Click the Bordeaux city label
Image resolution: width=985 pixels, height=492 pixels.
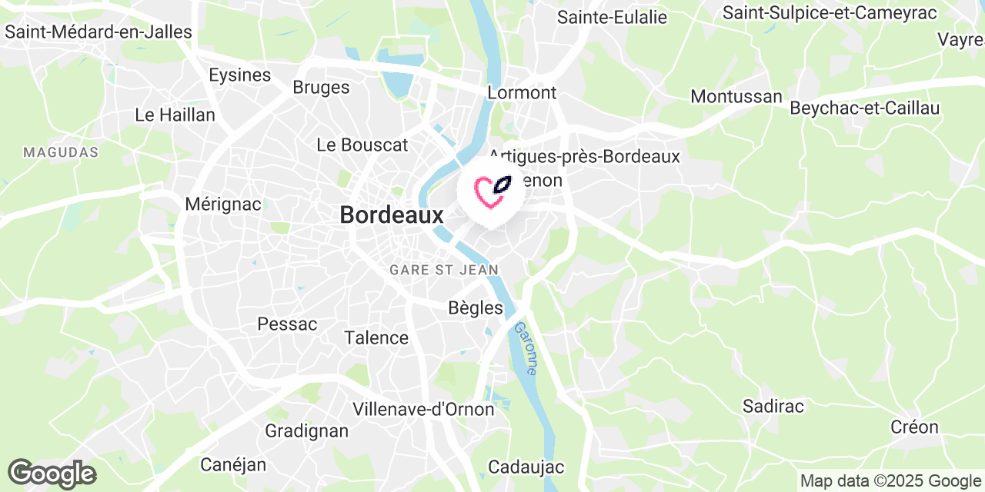tap(392, 215)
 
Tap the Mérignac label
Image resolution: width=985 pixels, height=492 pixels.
tap(223, 204)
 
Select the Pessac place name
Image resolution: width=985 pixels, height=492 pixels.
tap(287, 324)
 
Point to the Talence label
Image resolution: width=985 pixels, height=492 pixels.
tap(376, 337)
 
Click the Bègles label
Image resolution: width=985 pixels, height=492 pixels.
tap(476, 308)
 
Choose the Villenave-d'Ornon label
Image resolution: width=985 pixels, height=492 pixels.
tap(423, 409)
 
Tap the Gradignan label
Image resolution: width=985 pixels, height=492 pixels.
tap(306, 430)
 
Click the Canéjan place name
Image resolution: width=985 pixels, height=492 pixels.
tap(233, 464)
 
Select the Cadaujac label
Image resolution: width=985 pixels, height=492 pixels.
tap(526, 467)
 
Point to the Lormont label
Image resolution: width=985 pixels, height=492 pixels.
tap(522, 92)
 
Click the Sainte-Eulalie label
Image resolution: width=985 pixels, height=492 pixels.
tap(613, 17)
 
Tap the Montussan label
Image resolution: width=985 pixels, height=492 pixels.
tap(736, 97)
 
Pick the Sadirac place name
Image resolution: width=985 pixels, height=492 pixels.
tap(773, 406)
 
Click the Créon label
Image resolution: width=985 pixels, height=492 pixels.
tap(914, 427)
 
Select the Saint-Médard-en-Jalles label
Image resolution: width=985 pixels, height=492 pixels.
tap(98, 32)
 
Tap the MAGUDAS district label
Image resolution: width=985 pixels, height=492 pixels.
tap(61, 152)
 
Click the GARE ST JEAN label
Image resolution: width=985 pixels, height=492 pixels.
tap(444, 270)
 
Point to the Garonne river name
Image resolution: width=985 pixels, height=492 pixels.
tap(525, 348)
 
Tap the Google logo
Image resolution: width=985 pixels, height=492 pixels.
tap(52, 474)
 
